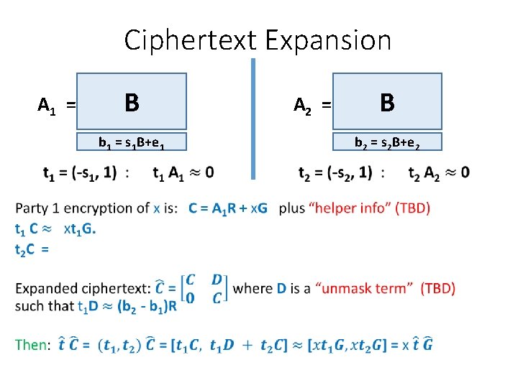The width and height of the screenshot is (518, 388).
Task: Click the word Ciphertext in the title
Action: pos(188,40)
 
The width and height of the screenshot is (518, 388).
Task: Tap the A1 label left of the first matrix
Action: pos(47,106)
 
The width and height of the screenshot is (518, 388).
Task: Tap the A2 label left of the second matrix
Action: pos(304,106)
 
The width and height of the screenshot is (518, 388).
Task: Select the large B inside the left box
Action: pos(132,103)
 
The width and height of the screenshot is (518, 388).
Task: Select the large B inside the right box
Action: pos(387,103)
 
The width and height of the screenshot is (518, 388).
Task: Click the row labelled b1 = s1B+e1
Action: pos(132,142)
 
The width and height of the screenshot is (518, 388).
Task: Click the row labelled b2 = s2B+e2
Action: pos(387,142)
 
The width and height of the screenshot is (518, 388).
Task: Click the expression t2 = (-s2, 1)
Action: pos(335,172)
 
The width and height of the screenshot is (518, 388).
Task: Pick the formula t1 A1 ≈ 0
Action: pos(183,172)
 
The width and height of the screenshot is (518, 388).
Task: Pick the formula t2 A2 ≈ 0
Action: pos(438,172)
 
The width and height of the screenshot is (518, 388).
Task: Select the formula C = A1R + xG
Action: pos(228,208)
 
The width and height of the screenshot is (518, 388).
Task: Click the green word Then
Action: pos(30,345)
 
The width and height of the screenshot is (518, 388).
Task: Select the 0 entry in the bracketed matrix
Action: pos(189,298)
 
